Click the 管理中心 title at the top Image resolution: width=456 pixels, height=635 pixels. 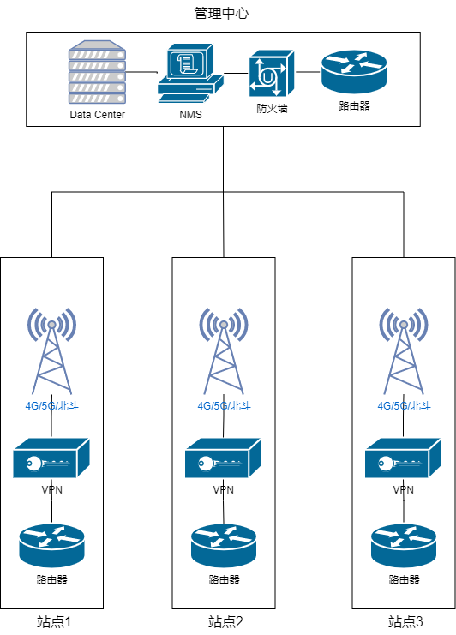tap(221, 14)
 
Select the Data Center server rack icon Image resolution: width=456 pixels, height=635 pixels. tap(97, 72)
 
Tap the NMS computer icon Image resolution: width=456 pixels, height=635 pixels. tap(190, 73)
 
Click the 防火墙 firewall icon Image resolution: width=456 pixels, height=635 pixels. tap(272, 74)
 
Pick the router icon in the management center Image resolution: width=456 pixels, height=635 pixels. tap(354, 72)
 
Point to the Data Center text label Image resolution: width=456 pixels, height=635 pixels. tap(97, 115)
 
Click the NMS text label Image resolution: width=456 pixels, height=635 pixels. tap(190, 115)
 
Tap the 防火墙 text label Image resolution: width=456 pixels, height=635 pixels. tap(272, 109)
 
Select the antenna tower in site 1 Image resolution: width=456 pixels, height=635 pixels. tap(51, 350)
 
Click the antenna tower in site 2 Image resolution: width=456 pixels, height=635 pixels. tap(224, 350)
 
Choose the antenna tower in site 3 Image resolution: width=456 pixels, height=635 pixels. tap(404, 350)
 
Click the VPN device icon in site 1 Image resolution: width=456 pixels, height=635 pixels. tap(51, 458)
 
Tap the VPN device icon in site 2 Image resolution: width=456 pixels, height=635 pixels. tap(223, 458)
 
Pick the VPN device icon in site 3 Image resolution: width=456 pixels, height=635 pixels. tap(403, 458)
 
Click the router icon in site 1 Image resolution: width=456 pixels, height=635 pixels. tap(51, 546)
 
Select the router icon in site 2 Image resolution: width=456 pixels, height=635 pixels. tap(224, 546)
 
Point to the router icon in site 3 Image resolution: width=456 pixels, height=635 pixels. tap(404, 546)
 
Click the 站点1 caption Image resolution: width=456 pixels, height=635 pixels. tap(54, 621)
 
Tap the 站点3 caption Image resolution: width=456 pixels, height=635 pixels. tap(405, 621)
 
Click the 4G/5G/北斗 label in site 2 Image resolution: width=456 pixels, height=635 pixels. tap(224, 406)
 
